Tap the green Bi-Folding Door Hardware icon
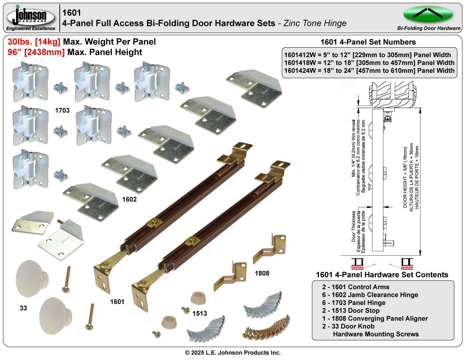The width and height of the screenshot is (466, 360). (x=428, y=14)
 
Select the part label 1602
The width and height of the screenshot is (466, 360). (x=129, y=199)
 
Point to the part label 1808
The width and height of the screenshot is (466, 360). (x=262, y=273)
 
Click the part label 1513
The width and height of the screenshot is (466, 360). (x=200, y=313)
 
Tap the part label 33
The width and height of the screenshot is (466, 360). (x=23, y=308)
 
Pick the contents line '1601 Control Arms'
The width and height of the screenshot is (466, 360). (x=356, y=287)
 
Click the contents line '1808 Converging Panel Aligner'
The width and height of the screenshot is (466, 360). (x=375, y=319)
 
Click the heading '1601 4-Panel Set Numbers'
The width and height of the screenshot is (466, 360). (x=368, y=42)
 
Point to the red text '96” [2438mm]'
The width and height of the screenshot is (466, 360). (x=36, y=52)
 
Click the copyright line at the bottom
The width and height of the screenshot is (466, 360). (x=233, y=353)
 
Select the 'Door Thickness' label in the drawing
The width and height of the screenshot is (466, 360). (x=354, y=226)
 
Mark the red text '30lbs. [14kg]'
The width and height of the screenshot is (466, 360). (x=34, y=42)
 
